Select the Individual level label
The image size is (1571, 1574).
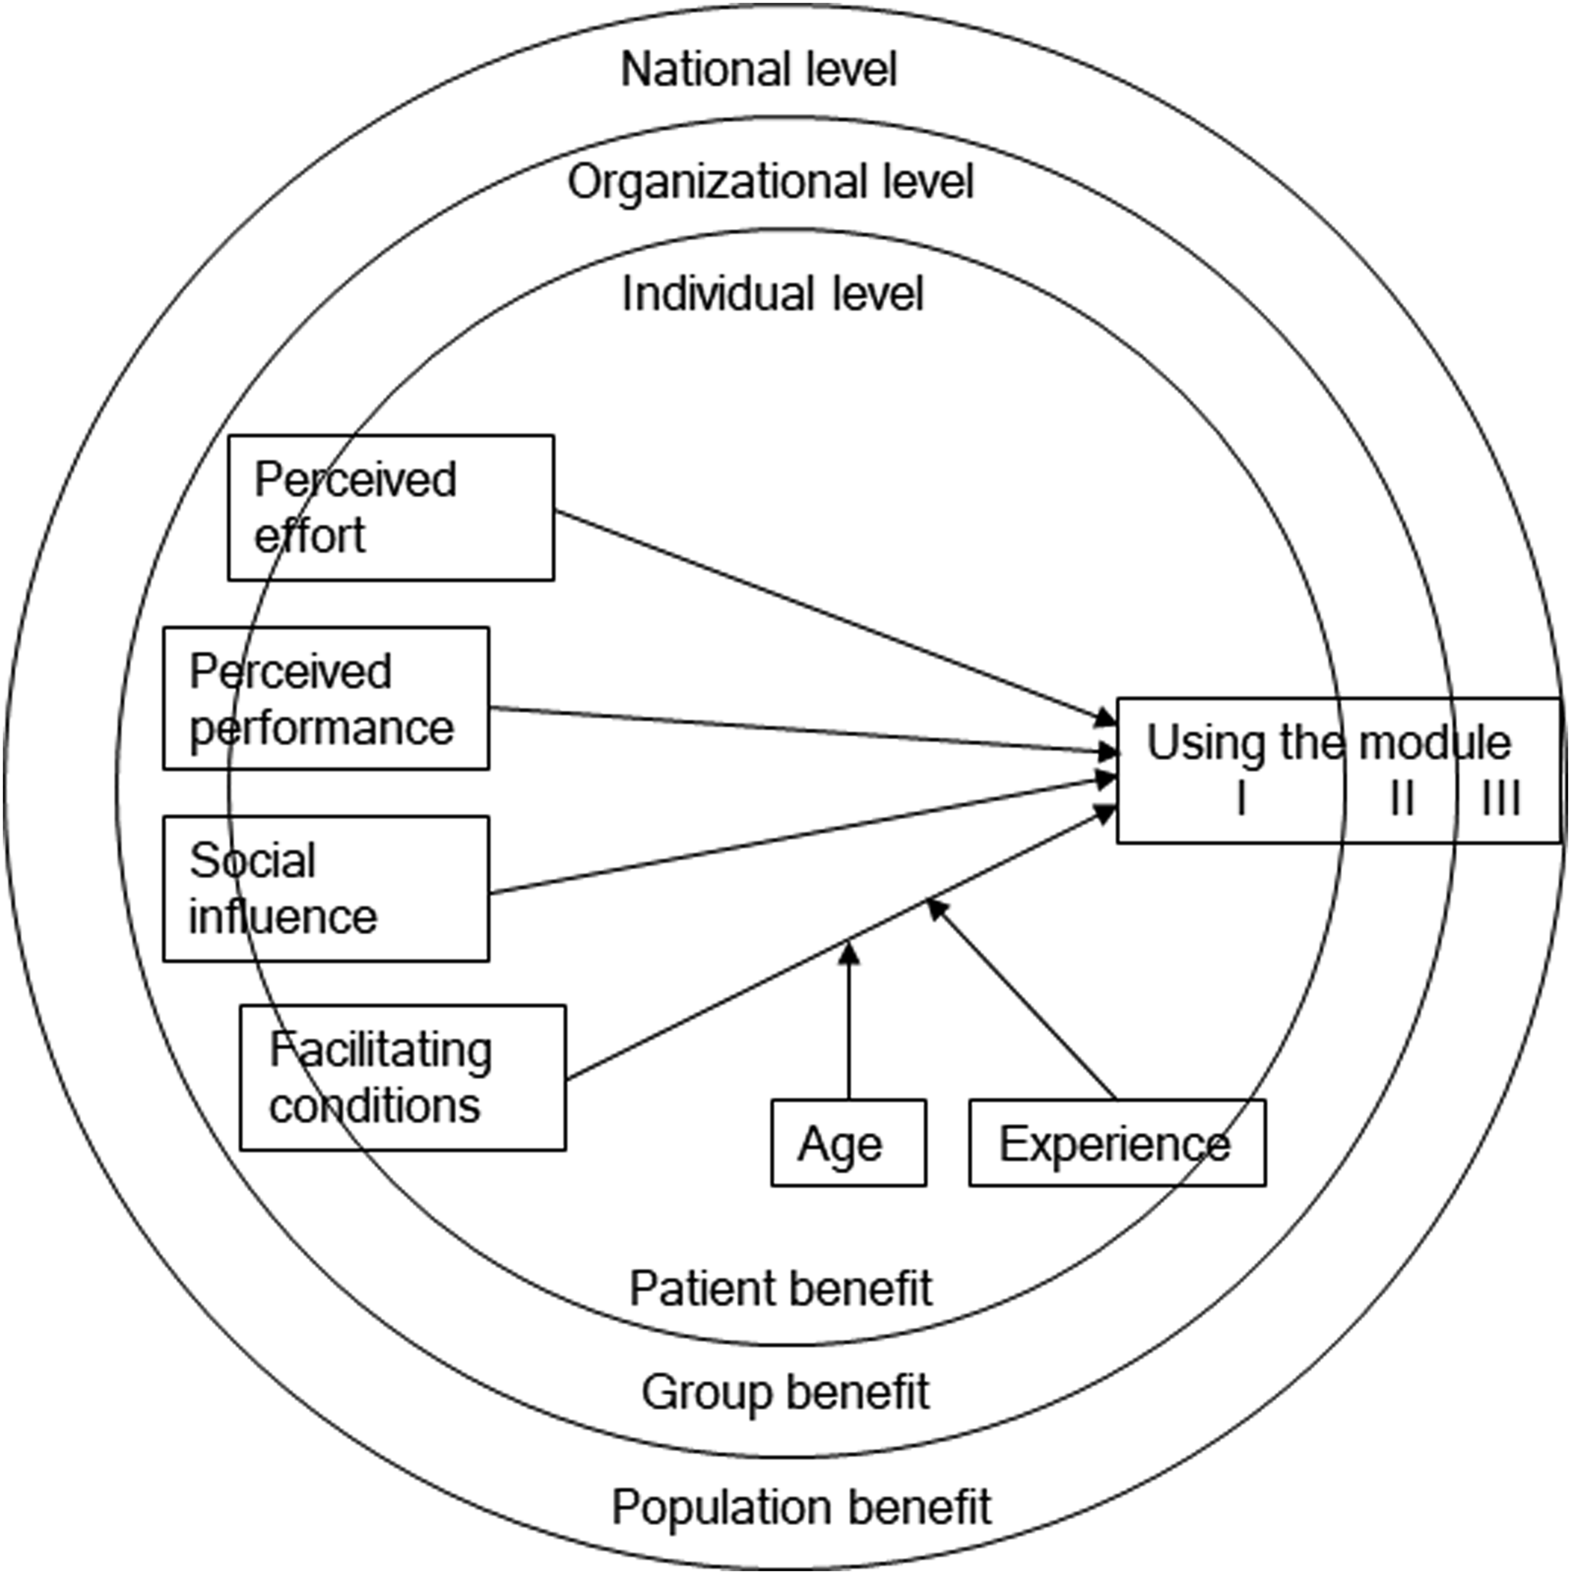772,294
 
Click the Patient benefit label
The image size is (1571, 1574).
781,1289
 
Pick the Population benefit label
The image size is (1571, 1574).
802,1507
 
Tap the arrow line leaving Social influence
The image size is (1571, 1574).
803,836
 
